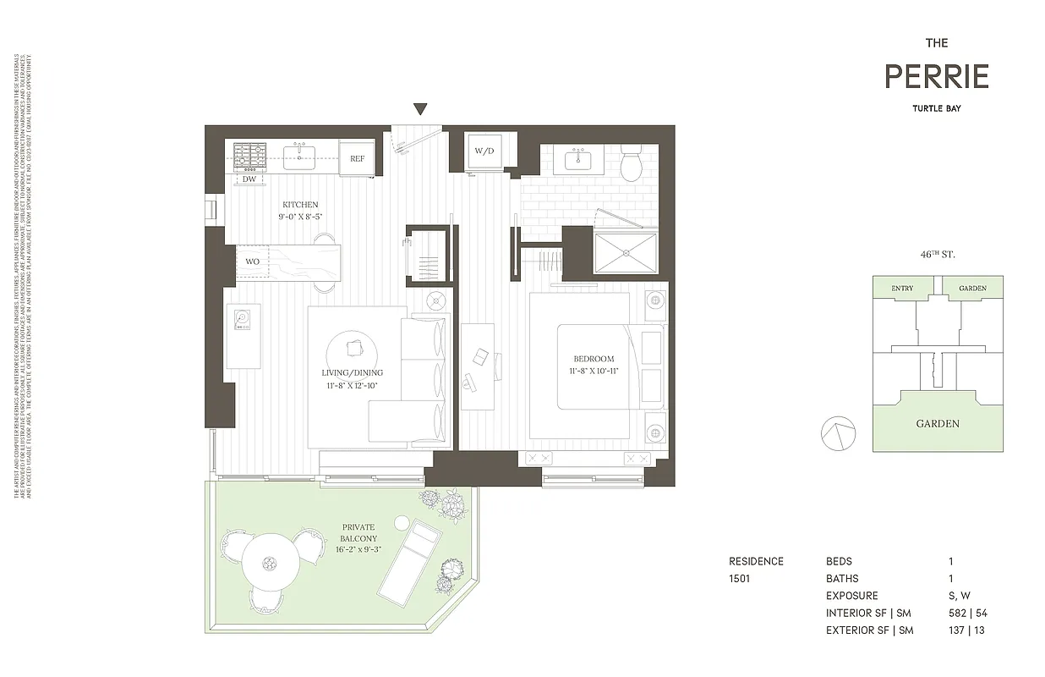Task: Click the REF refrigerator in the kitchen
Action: [x=358, y=158]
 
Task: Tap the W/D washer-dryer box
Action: [x=484, y=152]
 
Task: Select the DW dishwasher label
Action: [x=249, y=179]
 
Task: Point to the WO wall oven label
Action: [x=253, y=261]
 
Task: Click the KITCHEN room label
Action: [x=300, y=205]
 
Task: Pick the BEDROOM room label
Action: [x=592, y=359]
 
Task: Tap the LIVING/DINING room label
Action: [x=352, y=372]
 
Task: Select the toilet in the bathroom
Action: [x=632, y=163]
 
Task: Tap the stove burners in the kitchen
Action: [x=249, y=153]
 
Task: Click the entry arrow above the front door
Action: [x=420, y=108]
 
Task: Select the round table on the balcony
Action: [x=269, y=562]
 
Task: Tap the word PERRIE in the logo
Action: [x=936, y=77]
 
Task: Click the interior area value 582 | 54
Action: [x=966, y=613]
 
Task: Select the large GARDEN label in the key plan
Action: [x=938, y=424]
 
